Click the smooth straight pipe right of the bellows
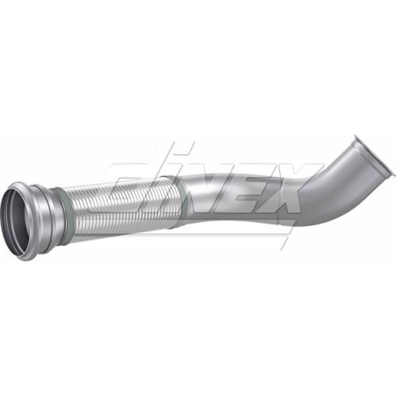pos(220,198)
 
